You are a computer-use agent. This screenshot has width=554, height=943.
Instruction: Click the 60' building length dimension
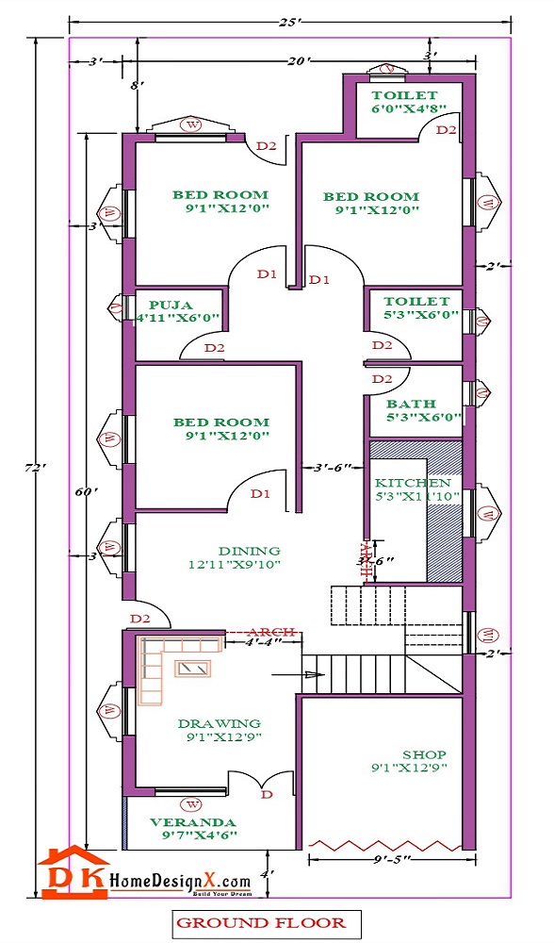[x=84, y=490]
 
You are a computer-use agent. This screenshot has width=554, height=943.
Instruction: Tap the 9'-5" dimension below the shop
[x=383, y=859]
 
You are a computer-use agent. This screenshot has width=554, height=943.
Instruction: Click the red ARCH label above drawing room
[x=272, y=631]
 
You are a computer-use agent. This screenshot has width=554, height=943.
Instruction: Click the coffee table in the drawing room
[x=195, y=668]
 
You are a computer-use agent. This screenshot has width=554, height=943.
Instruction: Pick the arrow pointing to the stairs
[x=296, y=675]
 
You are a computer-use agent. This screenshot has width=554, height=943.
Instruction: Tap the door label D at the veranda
[x=267, y=795]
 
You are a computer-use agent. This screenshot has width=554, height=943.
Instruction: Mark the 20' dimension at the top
[x=299, y=62]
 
